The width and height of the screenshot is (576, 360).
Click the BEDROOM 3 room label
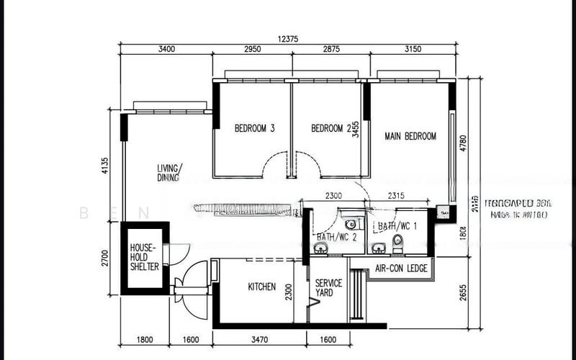[x=255, y=129]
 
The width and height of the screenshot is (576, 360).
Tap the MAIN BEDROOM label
[x=410, y=136]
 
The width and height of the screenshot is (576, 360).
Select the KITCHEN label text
[x=261, y=287]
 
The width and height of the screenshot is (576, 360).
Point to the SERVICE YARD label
[x=328, y=288]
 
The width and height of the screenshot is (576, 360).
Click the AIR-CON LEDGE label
[x=401, y=269]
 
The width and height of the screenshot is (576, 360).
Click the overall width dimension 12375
[x=287, y=38]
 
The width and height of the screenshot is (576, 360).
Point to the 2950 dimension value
[x=251, y=50]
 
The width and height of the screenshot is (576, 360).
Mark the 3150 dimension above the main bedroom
[x=413, y=50]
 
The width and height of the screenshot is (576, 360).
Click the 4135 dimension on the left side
[x=105, y=166]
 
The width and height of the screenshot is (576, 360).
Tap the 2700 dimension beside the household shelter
[x=105, y=258]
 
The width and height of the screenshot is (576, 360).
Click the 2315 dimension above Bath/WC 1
[x=400, y=195]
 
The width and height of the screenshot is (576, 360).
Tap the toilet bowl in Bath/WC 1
[x=397, y=240]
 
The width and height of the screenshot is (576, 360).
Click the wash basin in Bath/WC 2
[x=320, y=249]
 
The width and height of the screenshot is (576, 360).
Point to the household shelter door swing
[x=178, y=252]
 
